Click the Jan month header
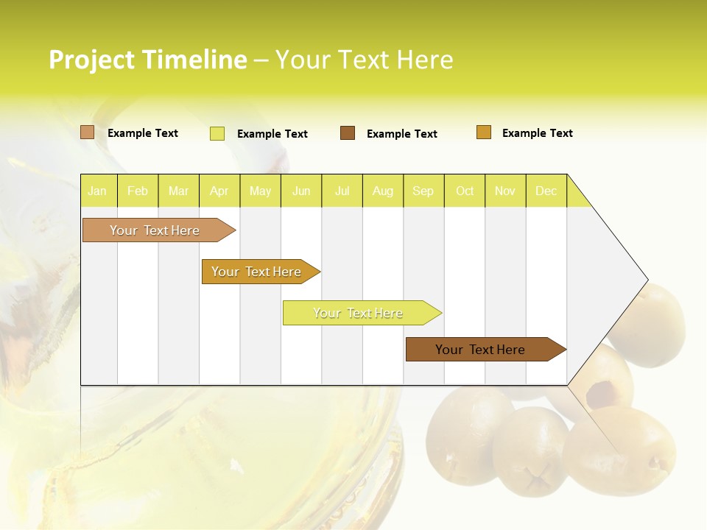(97, 191)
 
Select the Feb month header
(138, 191)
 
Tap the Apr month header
(219, 191)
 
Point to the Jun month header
(301, 191)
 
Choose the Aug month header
(382, 191)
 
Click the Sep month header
(423, 191)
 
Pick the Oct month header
(465, 191)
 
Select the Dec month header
(546, 191)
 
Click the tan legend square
(88, 132)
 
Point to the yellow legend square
(217, 133)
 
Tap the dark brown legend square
(348, 133)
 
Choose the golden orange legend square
(484, 132)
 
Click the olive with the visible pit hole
(602, 383)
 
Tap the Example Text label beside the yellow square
(272, 134)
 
